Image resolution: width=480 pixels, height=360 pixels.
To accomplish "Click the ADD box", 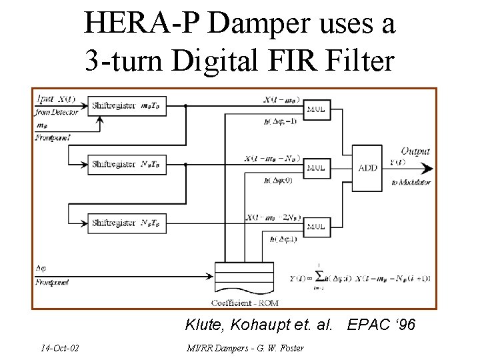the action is pos(367,168).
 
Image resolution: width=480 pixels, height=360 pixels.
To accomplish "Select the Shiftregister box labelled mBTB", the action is pos(127,105).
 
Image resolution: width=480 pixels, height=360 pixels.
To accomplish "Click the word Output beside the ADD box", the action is pos(415,152).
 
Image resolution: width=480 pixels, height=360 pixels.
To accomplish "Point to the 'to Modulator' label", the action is pos(411,182).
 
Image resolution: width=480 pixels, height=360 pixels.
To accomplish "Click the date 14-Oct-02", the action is pos(59,347).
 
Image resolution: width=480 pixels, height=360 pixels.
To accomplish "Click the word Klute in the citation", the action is pos(203,325).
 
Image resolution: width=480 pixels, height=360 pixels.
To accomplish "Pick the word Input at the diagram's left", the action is pos(45,99).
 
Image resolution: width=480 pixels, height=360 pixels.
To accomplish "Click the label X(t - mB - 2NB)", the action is pos(273,217).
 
